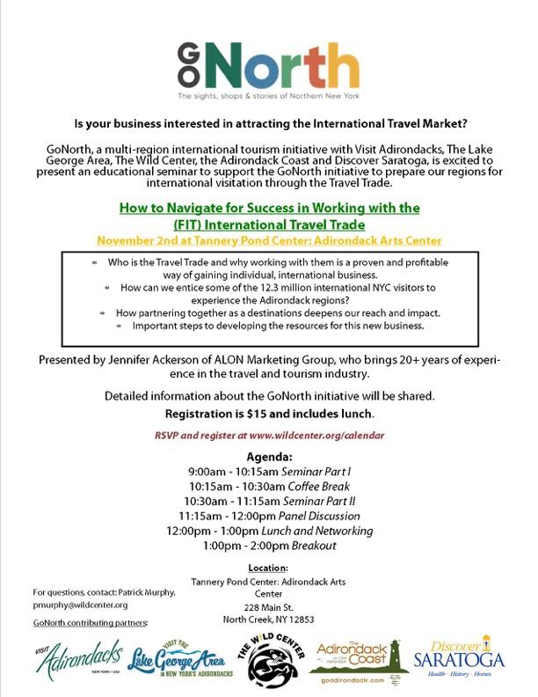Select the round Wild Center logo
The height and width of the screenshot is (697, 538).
coord(271,659)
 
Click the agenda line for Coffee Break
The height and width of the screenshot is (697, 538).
coord(269,486)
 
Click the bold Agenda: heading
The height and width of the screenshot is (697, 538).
coord(269,456)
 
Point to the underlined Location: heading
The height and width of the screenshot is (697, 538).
coord(269,568)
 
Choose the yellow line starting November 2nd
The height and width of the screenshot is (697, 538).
coord(269,240)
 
